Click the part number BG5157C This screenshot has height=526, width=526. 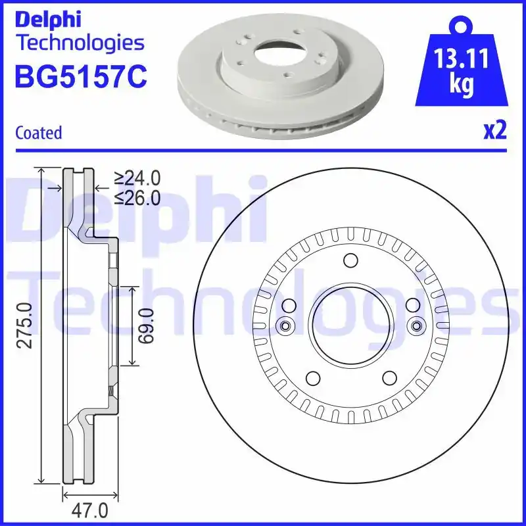(x=80, y=78)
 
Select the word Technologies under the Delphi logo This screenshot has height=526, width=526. (x=80, y=43)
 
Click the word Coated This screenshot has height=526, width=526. (x=38, y=133)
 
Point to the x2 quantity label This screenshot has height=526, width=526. (x=494, y=131)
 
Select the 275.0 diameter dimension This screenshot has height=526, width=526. (x=25, y=325)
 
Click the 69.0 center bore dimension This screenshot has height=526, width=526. (x=147, y=325)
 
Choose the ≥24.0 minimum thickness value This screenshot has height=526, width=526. (x=137, y=178)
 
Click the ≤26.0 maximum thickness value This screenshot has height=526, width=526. (x=137, y=197)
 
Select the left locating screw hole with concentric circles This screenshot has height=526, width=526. (x=285, y=325)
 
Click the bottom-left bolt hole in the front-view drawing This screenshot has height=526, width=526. (x=312, y=378)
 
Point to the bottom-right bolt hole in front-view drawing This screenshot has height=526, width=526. (x=389, y=378)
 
